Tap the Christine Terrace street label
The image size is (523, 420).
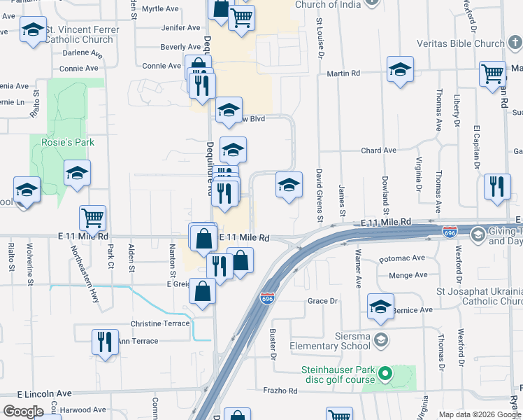pyautogui.click(x=160, y=323)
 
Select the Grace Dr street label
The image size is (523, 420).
pyautogui.click(x=323, y=301)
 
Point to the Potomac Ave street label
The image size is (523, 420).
pyautogui.click(x=402, y=258)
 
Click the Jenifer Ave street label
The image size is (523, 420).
pyautogui.click(x=180, y=28)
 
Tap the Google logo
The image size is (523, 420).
pyautogui.click(x=23, y=411)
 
